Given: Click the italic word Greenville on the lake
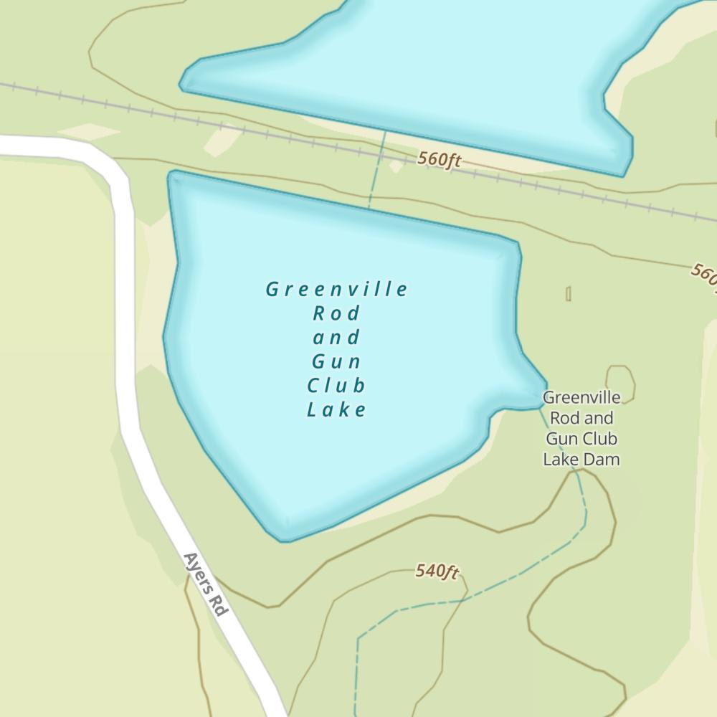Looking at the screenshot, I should point(336,290).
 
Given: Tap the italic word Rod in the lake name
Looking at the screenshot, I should point(336,314).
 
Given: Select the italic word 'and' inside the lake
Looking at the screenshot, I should point(336,338).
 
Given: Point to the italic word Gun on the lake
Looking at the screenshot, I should point(336,361).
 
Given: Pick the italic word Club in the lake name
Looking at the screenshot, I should point(336,386).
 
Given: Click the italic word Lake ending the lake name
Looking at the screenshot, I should point(336,410).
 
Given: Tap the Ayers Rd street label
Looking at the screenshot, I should point(205,584).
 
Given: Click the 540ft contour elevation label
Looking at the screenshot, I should point(437,571).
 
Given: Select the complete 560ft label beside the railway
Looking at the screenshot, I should point(439,159).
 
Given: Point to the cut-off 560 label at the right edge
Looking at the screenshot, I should point(704,275).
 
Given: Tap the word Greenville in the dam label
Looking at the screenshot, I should point(581,397).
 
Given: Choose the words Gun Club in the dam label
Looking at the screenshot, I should point(581,438).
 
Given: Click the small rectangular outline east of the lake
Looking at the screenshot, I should point(568,293).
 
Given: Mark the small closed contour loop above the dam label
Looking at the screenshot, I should point(620,380).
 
